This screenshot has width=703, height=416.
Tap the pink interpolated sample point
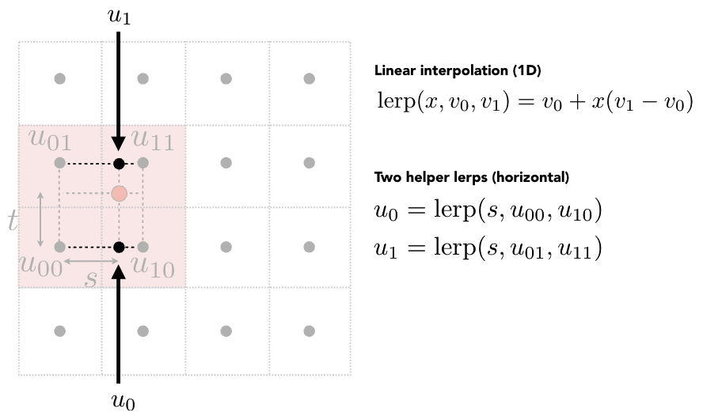(119, 193)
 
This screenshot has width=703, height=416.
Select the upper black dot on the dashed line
(119, 164)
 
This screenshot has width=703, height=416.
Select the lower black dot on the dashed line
(119, 247)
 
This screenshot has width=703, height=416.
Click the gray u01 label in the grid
(50, 142)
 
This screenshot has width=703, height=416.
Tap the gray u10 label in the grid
(153, 267)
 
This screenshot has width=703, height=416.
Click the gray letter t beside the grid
(13, 221)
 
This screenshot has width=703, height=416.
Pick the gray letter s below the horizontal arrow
(91, 278)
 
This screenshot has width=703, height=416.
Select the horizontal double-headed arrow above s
(90, 260)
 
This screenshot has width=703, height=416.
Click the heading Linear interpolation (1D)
(457, 70)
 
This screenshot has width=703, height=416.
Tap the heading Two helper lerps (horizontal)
(472, 176)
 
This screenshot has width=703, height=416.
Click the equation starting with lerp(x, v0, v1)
(534, 104)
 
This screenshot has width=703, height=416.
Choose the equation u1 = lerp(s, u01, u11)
(488, 249)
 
